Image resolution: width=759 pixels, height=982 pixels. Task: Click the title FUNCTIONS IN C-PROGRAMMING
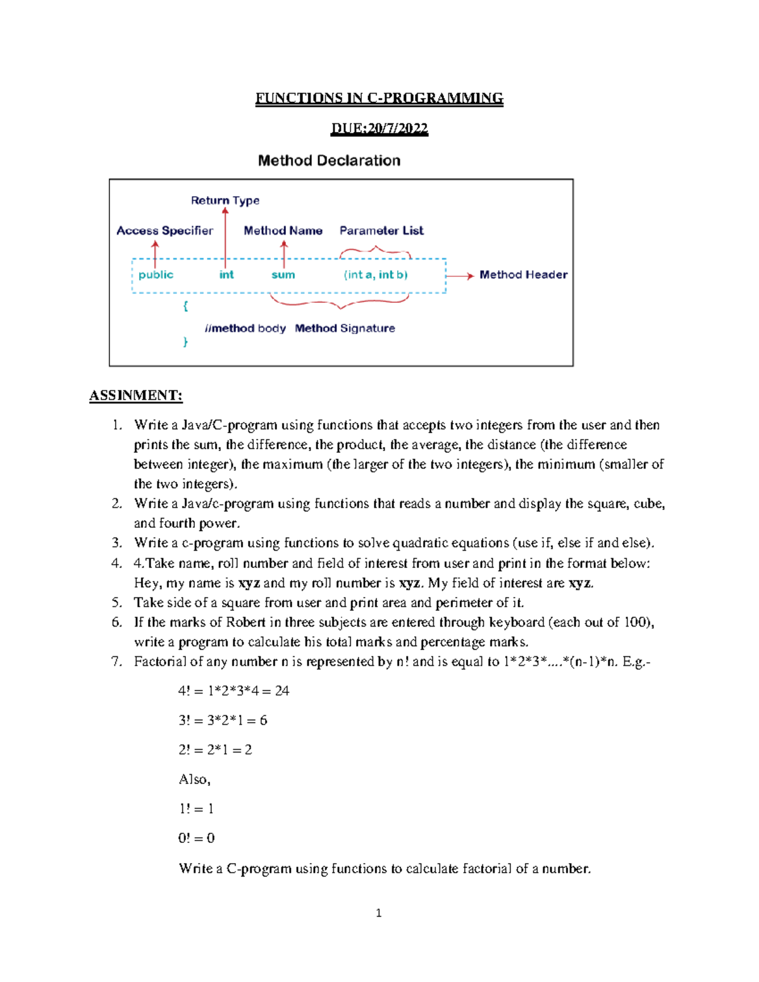[379, 98]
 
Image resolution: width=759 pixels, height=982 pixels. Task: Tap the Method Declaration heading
[329, 161]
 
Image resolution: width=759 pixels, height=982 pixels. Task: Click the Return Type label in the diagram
[225, 200]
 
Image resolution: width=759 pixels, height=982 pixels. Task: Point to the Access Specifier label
[164, 231]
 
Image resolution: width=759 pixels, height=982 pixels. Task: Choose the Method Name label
[283, 231]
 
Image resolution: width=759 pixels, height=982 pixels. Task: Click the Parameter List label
[381, 231]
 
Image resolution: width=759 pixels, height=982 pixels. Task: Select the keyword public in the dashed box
[156, 274]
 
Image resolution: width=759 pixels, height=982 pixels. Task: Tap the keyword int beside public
[226, 274]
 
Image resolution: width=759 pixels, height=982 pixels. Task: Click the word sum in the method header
[283, 274]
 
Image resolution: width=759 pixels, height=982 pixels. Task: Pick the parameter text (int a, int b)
[376, 274]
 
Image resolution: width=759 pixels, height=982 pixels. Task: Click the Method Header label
[523, 274]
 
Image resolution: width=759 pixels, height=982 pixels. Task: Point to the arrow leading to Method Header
[460, 276]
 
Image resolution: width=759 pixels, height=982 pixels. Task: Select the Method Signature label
[345, 328]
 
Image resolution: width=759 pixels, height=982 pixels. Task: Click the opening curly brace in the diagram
[185, 306]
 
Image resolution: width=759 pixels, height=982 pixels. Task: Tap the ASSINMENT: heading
[136, 396]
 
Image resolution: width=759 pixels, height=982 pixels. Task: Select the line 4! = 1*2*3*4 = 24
[233, 690]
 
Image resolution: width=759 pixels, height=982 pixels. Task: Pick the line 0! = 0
[196, 838]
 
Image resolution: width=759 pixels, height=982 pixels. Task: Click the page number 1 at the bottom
[378, 912]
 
